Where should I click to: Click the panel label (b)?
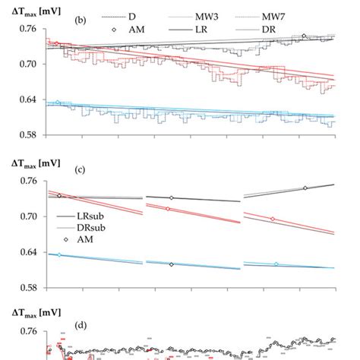point(79,21)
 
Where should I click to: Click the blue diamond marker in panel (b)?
point(58,103)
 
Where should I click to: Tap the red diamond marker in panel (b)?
point(56,43)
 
